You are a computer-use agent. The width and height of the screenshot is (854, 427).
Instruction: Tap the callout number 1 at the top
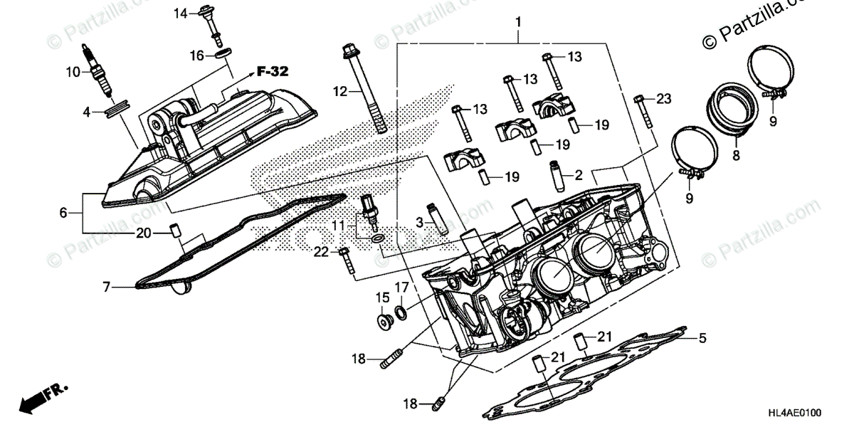[518, 22]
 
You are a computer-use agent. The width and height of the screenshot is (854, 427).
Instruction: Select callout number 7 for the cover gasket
[106, 288]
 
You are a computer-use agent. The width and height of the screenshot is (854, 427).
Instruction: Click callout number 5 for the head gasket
[702, 338]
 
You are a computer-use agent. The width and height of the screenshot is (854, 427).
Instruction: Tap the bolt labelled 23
[643, 110]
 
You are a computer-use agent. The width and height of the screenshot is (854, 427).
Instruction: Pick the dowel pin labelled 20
[174, 232]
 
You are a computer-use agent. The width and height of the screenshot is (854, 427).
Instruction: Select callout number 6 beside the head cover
[63, 212]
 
